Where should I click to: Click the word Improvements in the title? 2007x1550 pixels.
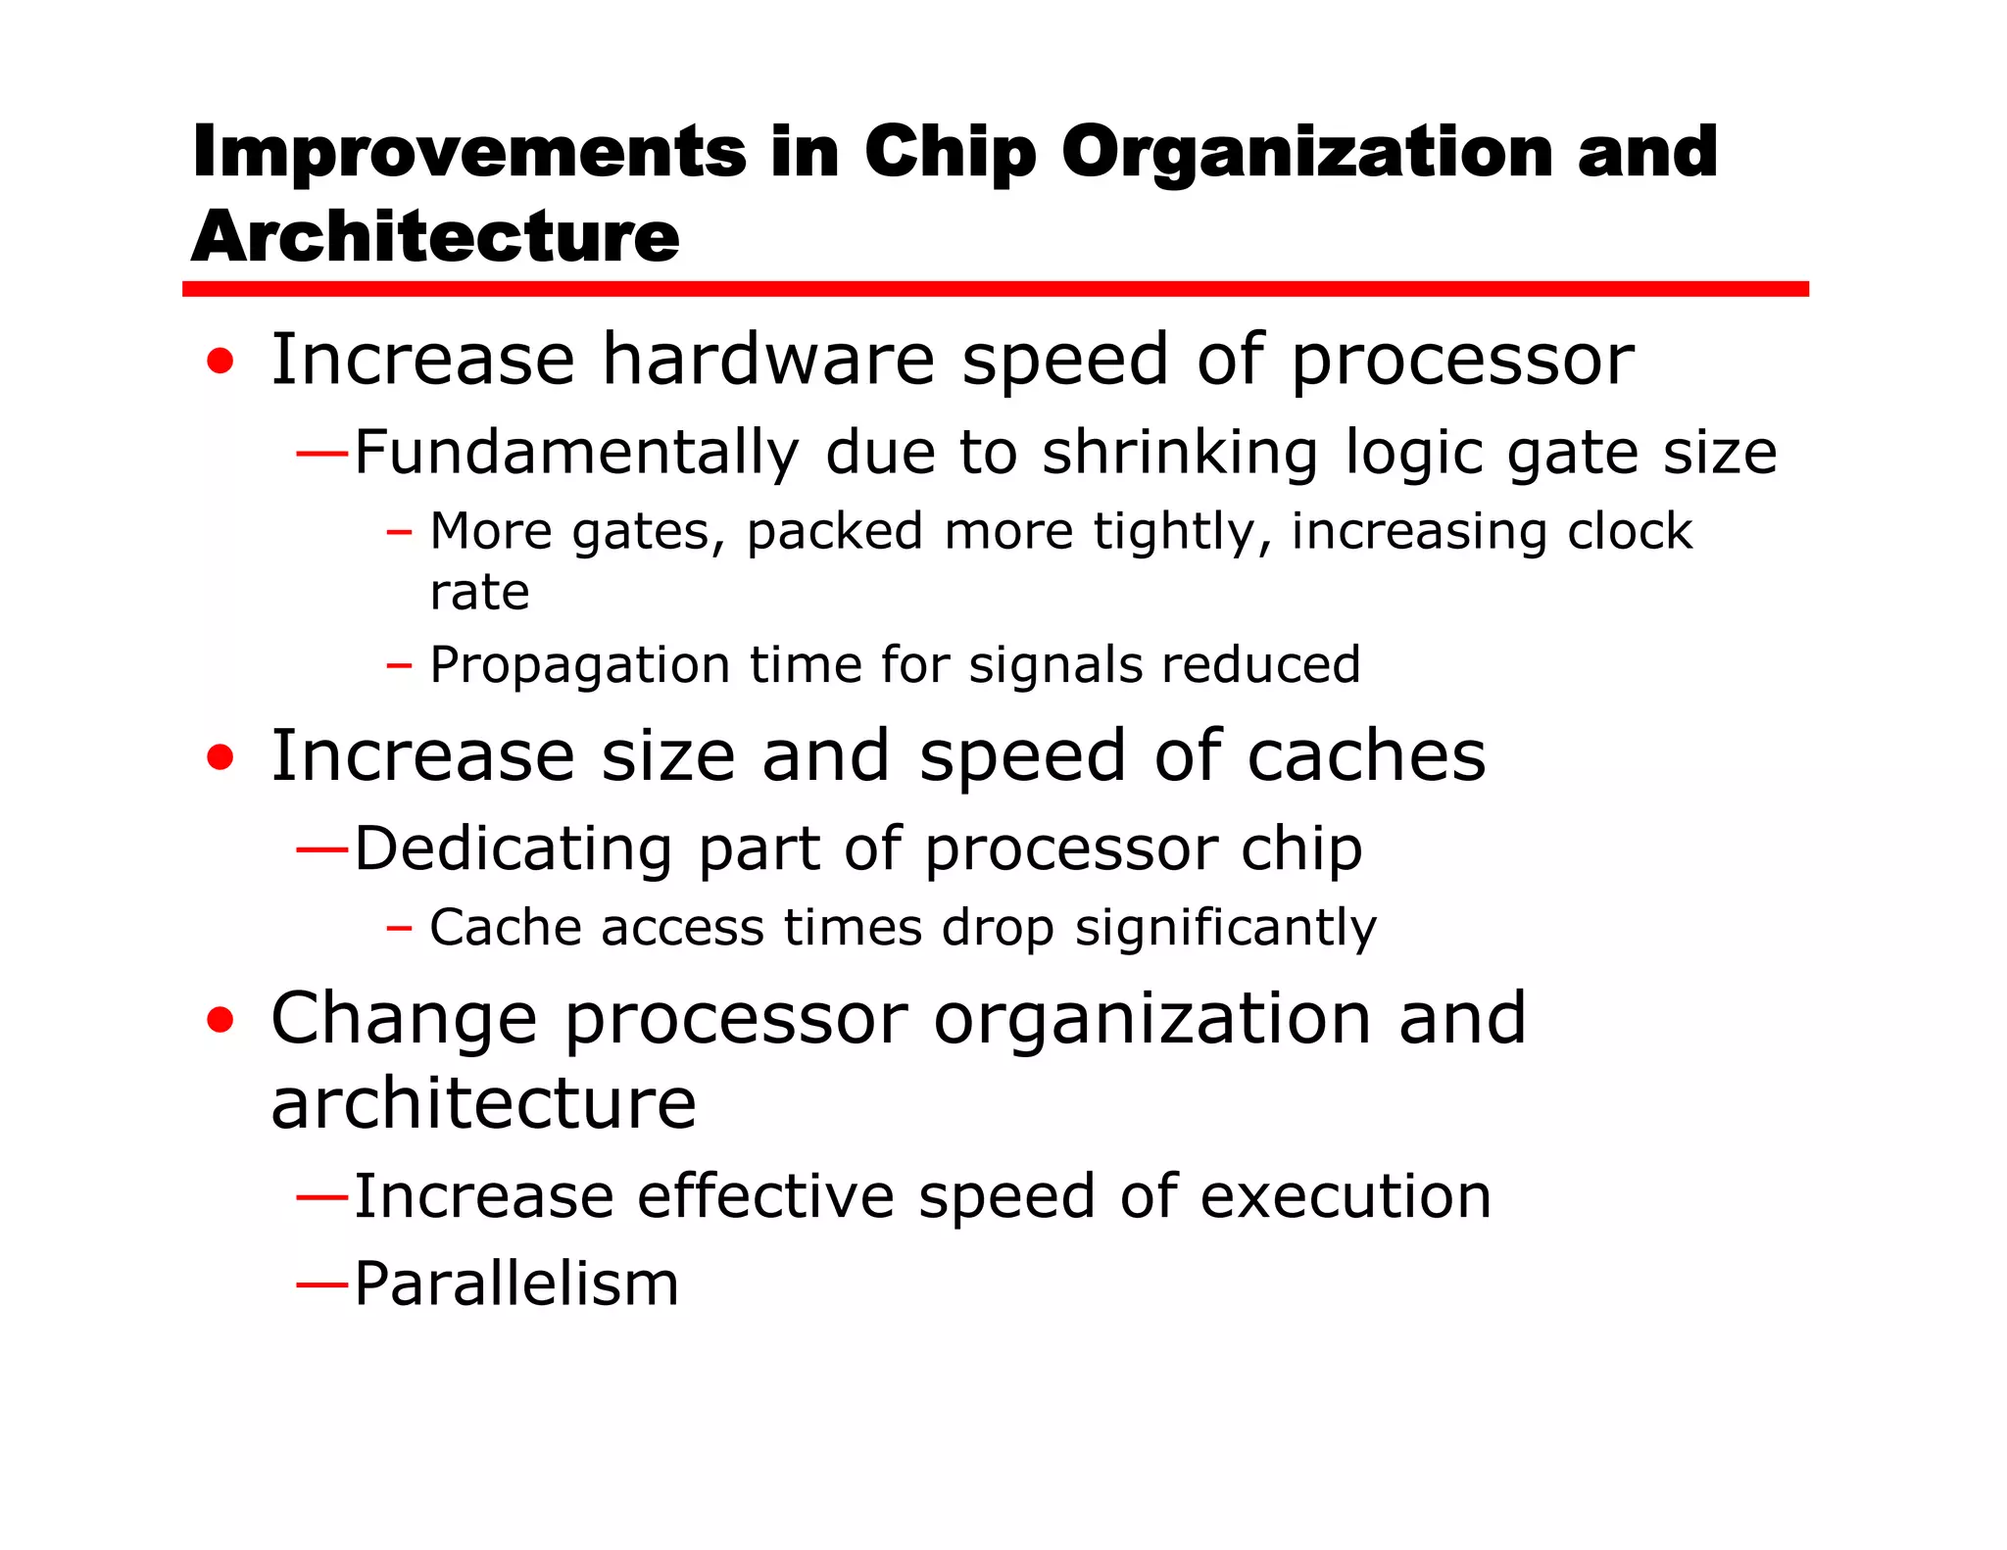(x=468, y=153)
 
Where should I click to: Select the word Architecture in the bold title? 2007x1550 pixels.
(x=435, y=237)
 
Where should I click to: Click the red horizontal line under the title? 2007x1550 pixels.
(x=995, y=289)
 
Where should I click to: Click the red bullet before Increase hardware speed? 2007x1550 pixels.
(x=220, y=362)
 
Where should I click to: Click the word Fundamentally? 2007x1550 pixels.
(x=576, y=454)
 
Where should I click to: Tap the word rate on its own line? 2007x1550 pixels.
(x=479, y=593)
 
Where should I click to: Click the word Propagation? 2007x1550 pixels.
(x=579, y=666)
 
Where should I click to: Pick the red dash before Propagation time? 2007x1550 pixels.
(x=398, y=667)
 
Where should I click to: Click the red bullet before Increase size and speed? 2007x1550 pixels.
(x=220, y=757)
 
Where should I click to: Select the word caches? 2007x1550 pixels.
(x=1366, y=756)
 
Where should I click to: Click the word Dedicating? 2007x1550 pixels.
(x=513, y=848)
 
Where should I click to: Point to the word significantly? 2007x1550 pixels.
(x=1225, y=928)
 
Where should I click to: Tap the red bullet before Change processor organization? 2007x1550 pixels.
(x=220, y=1020)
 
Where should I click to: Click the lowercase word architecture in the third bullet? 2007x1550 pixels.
(x=483, y=1104)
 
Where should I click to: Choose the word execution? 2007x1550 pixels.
(x=1345, y=1197)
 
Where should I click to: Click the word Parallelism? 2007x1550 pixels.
(x=515, y=1284)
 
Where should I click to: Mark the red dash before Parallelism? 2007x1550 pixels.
(x=322, y=1284)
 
